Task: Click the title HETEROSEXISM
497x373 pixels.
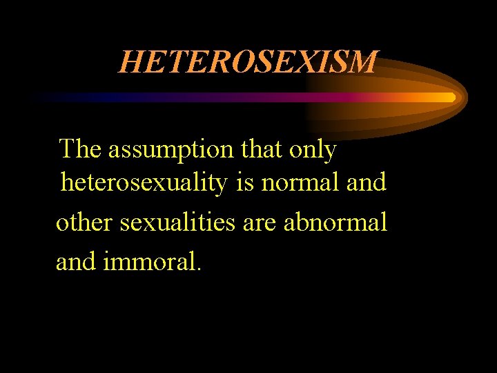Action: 248,62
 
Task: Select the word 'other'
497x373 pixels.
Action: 86,222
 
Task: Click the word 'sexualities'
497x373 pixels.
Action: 177,222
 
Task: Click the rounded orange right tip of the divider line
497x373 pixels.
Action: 451,97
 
